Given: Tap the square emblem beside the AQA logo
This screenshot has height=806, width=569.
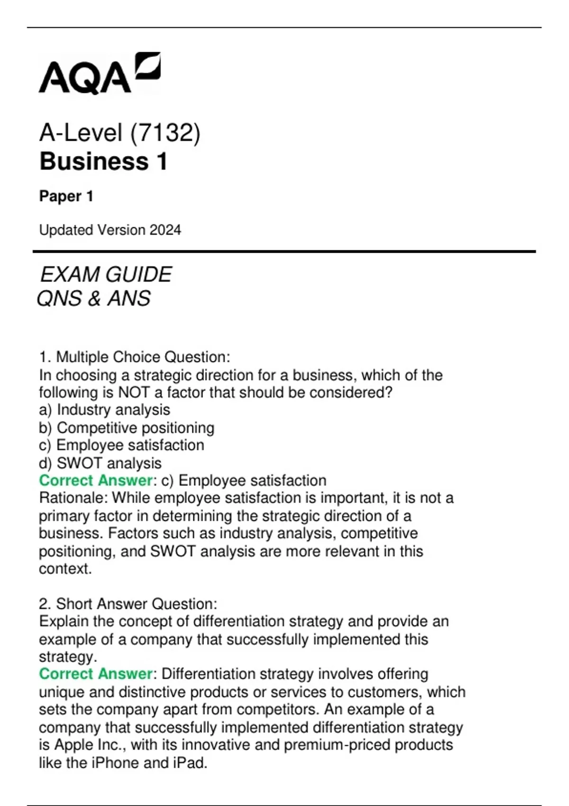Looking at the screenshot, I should (147, 66).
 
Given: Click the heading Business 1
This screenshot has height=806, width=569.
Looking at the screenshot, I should (103, 161).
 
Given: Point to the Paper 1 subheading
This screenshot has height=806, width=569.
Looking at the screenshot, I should (66, 196).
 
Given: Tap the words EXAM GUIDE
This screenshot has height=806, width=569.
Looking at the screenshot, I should (106, 275).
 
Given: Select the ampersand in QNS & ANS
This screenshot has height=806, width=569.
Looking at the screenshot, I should (94, 299).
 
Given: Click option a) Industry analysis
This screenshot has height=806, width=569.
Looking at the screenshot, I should (104, 410).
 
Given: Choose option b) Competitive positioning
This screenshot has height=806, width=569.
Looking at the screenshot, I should (127, 428).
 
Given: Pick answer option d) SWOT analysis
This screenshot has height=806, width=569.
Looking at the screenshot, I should (100, 463).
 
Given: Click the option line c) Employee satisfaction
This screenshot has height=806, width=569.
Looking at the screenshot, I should (121, 445).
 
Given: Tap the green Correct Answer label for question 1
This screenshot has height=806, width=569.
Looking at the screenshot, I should (95, 480).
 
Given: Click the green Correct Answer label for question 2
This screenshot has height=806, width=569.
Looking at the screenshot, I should (95, 674).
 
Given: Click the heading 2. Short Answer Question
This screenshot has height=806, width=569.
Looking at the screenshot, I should (128, 604).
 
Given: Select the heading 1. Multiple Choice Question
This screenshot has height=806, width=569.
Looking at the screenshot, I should (135, 357).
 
